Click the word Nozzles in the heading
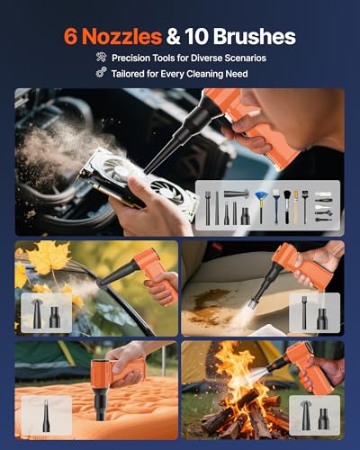[121, 37]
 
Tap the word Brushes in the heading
[255, 36]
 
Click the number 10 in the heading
[196, 37]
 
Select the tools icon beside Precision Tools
[101, 57]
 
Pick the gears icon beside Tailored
[102, 73]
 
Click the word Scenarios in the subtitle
[245, 58]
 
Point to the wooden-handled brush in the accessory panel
[296, 207]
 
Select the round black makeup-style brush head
[287, 195]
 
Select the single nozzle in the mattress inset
[46, 415]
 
